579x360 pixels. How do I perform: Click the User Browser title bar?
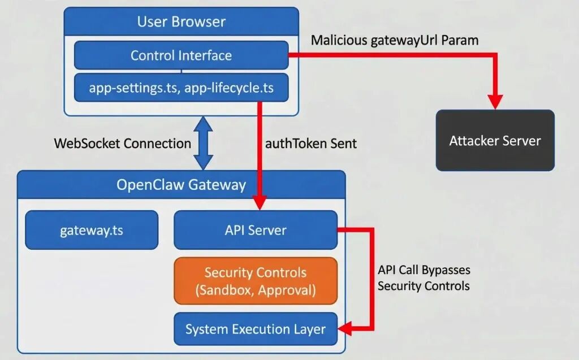181,22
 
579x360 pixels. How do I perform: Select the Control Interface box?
181,55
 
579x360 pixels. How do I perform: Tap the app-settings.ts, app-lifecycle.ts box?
181,88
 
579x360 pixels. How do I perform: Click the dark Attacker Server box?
495,141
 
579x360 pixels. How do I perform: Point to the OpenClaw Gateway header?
181,185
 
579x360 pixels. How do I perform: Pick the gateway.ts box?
92,230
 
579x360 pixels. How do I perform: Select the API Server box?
255,230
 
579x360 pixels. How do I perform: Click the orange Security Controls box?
255,281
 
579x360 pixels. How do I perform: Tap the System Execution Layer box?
255,329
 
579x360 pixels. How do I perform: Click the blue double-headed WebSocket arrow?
204,143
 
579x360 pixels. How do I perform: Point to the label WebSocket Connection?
122,144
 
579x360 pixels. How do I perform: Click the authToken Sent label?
311,144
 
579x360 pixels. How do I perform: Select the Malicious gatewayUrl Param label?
395,41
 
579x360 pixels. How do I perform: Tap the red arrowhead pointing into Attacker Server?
495,102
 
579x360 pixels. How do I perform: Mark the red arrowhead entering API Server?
260,202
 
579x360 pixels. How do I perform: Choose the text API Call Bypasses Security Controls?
424,278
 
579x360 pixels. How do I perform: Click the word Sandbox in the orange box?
225,291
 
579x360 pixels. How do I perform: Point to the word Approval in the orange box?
286,291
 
